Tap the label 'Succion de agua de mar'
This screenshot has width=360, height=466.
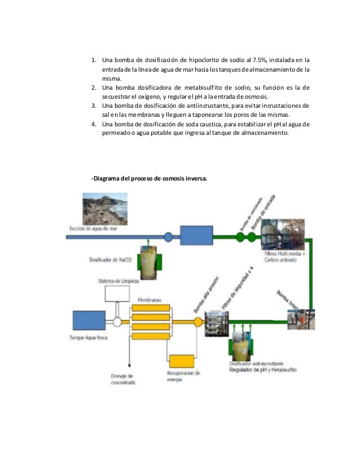[x=93, y=228]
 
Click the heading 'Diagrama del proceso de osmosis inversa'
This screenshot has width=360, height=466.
[x=149, y=179]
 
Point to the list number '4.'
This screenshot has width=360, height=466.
[x=94, y=124]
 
